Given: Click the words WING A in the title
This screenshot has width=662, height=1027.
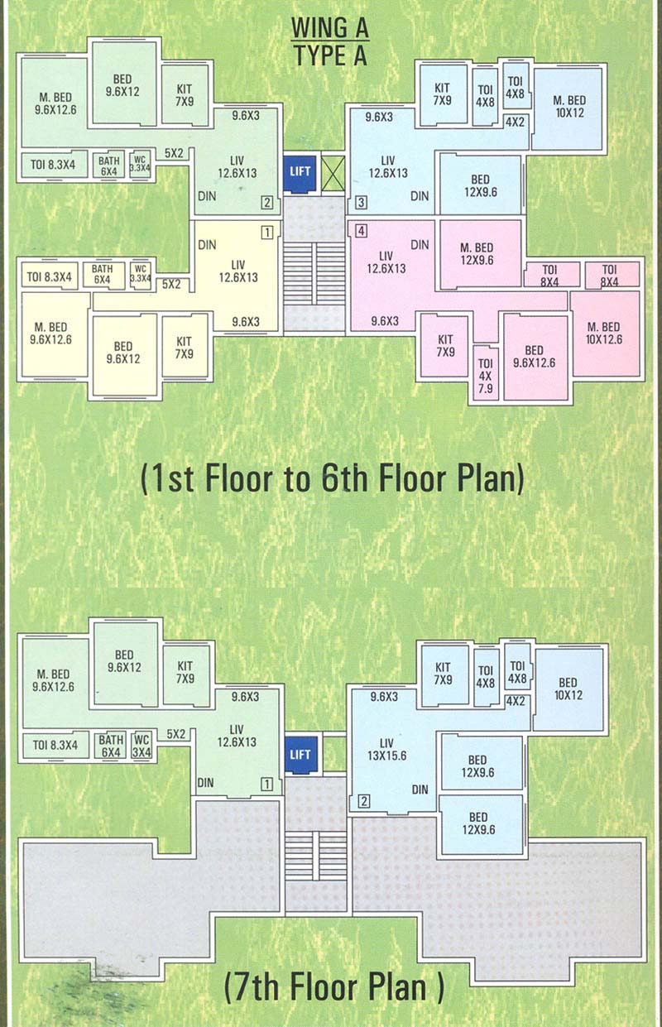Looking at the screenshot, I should click(329, 29).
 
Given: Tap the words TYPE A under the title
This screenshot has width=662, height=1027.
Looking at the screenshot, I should click(329, 56).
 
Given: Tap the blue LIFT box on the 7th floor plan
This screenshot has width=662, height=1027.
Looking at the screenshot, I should click(300, 754).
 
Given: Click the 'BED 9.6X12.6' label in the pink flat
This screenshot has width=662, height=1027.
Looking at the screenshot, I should click(535, 356).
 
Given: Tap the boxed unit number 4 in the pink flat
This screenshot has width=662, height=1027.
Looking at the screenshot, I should click(361, 230).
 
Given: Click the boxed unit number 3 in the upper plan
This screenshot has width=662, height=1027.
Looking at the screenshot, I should click(361, 203).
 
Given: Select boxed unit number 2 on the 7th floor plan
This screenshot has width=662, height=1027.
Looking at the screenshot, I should click(362, 800).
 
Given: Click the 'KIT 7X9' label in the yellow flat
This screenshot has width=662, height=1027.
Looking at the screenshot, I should click(184, 348).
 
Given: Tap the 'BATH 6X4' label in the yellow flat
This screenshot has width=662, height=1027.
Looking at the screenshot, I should click(103, 274).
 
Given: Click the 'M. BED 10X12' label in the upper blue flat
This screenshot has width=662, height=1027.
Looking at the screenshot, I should click(568, 107).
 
